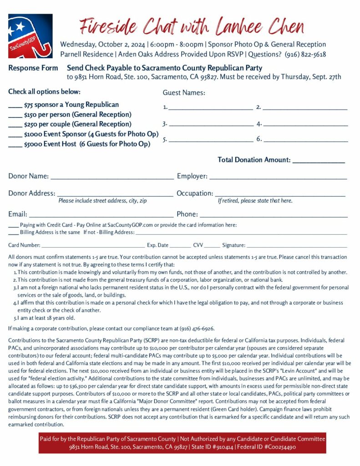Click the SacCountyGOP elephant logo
[30, 35]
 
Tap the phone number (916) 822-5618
[305, 55]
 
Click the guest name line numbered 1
[211, 108]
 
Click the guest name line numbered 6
[305, 140]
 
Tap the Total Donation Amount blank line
[319, 161]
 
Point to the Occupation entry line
[280, 195]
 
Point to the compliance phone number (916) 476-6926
[198, 329]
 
